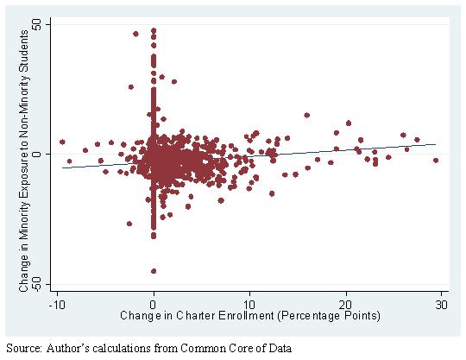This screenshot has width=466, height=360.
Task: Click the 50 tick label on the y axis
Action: pos(38,24)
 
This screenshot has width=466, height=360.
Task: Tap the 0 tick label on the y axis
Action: pos(38,154)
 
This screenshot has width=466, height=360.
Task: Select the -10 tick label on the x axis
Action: pos(57,304)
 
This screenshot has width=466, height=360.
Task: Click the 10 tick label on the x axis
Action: pos(249,304)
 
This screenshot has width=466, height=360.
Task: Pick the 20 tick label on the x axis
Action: pos(346,304)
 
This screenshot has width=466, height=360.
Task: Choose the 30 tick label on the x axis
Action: pos(441,304)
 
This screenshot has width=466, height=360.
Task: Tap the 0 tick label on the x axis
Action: pos(154,304)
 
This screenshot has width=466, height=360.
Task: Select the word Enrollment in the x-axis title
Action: pos(246,315)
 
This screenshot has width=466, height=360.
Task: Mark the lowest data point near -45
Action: pos(154,271)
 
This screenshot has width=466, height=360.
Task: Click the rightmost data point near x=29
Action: pos(436,161)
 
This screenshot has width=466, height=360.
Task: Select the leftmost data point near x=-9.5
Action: pos(62,142)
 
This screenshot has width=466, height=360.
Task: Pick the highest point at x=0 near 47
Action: pos(154,30)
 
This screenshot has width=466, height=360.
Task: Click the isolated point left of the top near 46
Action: pos(135,34)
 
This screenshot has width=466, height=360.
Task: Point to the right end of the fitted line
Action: pos(436,144)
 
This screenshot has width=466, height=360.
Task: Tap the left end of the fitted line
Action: pos(62,168)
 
